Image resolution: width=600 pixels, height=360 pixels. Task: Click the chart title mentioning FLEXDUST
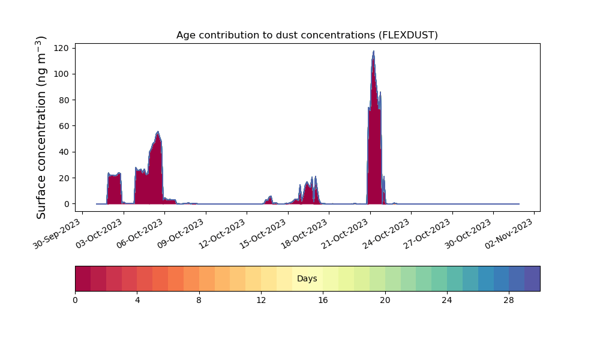tap(307, 35)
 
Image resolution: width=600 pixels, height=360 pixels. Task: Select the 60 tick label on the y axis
tap(64, 126)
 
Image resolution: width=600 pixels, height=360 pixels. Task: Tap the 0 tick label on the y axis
tap(67, 204)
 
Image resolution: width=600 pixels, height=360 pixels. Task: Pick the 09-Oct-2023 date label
tap(181, 233)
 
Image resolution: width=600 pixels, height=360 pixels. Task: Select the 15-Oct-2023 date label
tap(263, 233)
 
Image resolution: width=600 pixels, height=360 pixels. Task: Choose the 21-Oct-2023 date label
tap(345, 233)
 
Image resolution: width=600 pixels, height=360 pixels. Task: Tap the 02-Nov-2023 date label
tap(509, 233)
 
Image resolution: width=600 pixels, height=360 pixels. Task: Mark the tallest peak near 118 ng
tap(373, 51)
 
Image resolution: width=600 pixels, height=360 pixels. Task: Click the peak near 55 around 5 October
tap(158, 133)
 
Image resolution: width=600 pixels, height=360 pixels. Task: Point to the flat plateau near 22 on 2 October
tap(114, 175)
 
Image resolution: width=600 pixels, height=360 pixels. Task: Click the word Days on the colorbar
tap(307, 278)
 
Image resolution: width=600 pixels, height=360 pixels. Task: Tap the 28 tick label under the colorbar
tap(509, 301)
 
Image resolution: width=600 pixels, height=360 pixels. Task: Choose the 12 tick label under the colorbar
tap(261, 301)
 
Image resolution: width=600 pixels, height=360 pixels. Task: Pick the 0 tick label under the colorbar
tap(75, 301)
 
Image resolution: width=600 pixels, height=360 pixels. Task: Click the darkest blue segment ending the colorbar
tap(532, 278)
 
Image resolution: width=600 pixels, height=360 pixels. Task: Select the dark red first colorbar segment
tap(83, 278)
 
